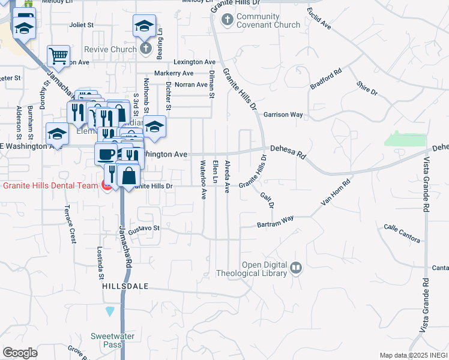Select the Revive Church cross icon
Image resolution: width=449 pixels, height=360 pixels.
pos(145,48)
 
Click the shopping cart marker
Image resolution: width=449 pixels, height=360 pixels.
pos(58,56)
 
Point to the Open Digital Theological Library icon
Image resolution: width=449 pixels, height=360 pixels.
pos(295,268)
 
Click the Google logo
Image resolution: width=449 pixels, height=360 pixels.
pos(20,353)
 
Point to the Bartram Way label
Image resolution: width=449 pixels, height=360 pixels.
pos(275,221)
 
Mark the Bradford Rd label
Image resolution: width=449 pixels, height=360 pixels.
pos(326,79)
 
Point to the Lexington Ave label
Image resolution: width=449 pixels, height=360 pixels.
pos(194,62)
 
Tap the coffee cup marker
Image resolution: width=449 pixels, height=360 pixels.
pos(106,154)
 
